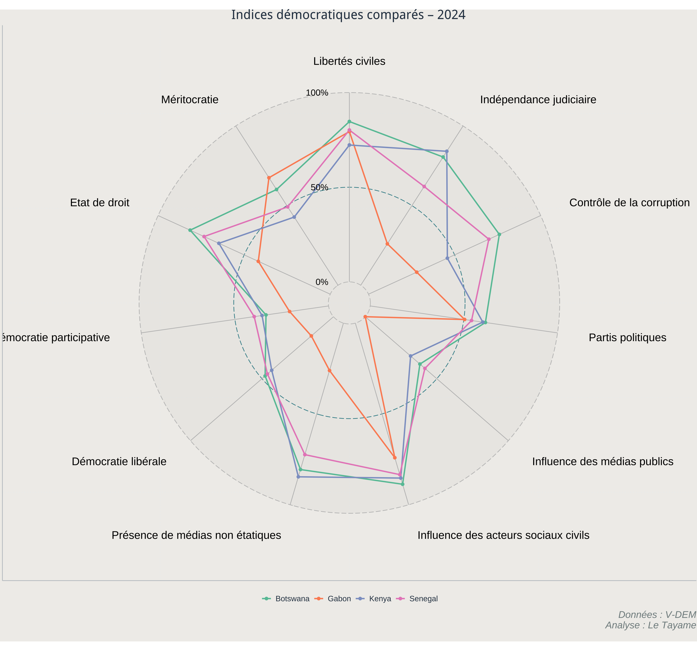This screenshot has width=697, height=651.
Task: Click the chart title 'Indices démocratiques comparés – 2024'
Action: [x=348, y=15]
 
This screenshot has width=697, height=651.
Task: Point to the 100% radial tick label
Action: [x=317, y=93]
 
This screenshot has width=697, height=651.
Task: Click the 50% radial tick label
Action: [x=319, y=188]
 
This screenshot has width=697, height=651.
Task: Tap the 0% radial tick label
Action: [x=322, y=282]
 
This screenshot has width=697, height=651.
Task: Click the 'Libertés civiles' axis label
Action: [x=349, y=61]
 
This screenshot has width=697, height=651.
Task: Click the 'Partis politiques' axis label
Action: [x=628, y=338]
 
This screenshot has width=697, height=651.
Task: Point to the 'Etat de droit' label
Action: [x=99, y=203]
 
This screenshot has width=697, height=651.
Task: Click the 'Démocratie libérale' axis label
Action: [x=119, y=462]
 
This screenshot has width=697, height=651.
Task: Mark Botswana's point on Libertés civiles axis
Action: [x=349, y=122]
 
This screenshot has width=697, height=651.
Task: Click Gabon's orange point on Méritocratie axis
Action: [x=269, y=178]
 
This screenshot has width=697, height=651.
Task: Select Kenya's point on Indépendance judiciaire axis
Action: [x=447, y=152]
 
